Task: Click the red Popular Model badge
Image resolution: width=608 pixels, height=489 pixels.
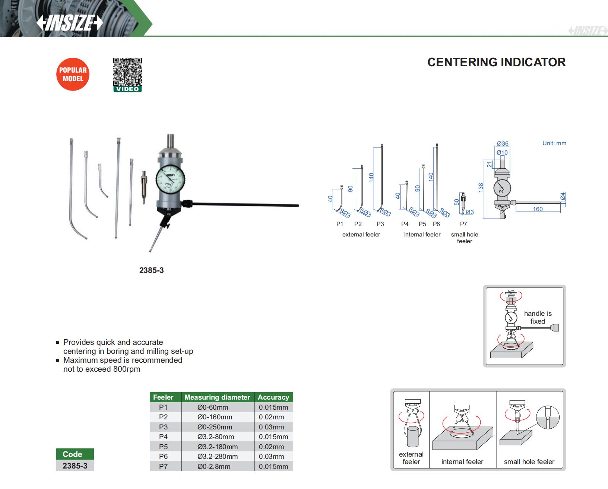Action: (x=73, y=74)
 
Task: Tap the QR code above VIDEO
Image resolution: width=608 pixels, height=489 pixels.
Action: (x=127, y=71)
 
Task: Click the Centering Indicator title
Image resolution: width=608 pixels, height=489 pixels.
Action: (x=496, y=62)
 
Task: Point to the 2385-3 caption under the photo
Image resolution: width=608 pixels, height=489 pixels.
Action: (x=151, y=270)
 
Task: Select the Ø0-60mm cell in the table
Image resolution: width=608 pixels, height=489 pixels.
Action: (x=213, y=407)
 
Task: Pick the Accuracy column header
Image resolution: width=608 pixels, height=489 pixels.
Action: (x=273, y=397)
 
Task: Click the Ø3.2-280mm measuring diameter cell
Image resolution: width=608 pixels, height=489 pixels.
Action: (x=218, y=456)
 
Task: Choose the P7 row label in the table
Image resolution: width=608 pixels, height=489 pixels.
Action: (x=163, y=466)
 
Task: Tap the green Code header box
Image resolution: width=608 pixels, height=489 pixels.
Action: (x=75, y=454)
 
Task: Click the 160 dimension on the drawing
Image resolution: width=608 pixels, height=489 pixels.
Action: (x=538, y=209)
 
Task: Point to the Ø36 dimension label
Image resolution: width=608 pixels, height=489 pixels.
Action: (x=503, y=143)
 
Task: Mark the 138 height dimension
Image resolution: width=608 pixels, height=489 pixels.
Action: (x=481, y=187)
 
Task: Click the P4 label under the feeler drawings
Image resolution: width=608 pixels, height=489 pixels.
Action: (x=405, y=224)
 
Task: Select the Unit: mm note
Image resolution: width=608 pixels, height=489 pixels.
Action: (x=554, y=143)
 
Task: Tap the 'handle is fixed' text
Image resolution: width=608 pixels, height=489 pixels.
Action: (x=538, y=317)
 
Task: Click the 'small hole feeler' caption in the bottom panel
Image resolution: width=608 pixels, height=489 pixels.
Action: (x=529, y=461)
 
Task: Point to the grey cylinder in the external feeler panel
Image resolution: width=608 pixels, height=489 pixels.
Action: (x=413, y=436)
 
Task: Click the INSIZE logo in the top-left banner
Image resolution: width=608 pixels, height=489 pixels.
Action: (x=70, y=23)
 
